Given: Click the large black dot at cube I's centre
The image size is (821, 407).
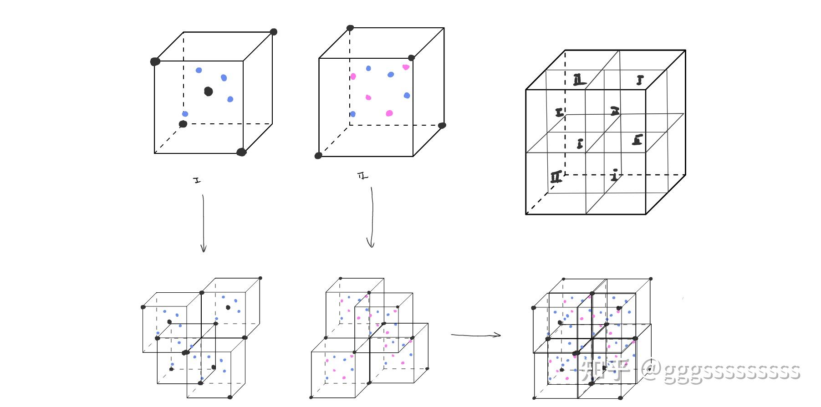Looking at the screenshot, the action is pyautogui.click(x=209, y=92).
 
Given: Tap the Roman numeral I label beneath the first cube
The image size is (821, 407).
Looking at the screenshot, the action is pyautogui.click(x=197, y=181).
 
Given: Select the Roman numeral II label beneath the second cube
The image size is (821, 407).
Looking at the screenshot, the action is pyautogui.click(x=363, y=176).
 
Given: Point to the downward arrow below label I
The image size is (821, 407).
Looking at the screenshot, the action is pyautogui.click(x=203, y=223).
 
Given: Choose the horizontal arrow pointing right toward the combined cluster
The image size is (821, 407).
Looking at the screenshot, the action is pyautogui.click(x=476, y=336).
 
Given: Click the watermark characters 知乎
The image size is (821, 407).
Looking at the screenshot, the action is pyautogui.click(x=605, y=370).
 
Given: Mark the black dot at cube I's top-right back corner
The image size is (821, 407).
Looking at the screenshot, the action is pyautogui.click(x=273, y=32).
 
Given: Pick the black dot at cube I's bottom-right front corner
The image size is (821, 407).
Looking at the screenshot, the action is pyautogui.click(x=241, y=152).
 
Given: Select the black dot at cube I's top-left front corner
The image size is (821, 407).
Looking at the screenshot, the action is pyautogui.click(x=155, y=61).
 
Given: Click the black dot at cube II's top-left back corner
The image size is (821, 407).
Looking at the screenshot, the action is pyautogui.click(x=350, y=28).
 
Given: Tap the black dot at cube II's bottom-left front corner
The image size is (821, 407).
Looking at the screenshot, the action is pyautogui.click(x=318, y=156).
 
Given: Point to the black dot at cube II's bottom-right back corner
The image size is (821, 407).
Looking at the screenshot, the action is pyautogui.click(x=442, y=125).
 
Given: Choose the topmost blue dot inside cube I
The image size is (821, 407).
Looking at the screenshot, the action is pyautogui.click(x=199, y=70).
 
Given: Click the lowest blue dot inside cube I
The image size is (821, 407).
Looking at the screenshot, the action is pyautogui.click(x=185, y=114).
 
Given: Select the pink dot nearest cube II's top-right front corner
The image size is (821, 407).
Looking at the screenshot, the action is pyautogui.click(x=406, y=67).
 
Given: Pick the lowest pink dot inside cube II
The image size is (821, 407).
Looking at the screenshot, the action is pyautogui.click(x=389, y=113).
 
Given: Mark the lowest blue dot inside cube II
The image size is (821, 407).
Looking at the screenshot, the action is pyautogui.click(x=352, y=114).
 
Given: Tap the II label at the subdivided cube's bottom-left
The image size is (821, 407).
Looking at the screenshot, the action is pyautogui.click(x=556, y=177).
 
